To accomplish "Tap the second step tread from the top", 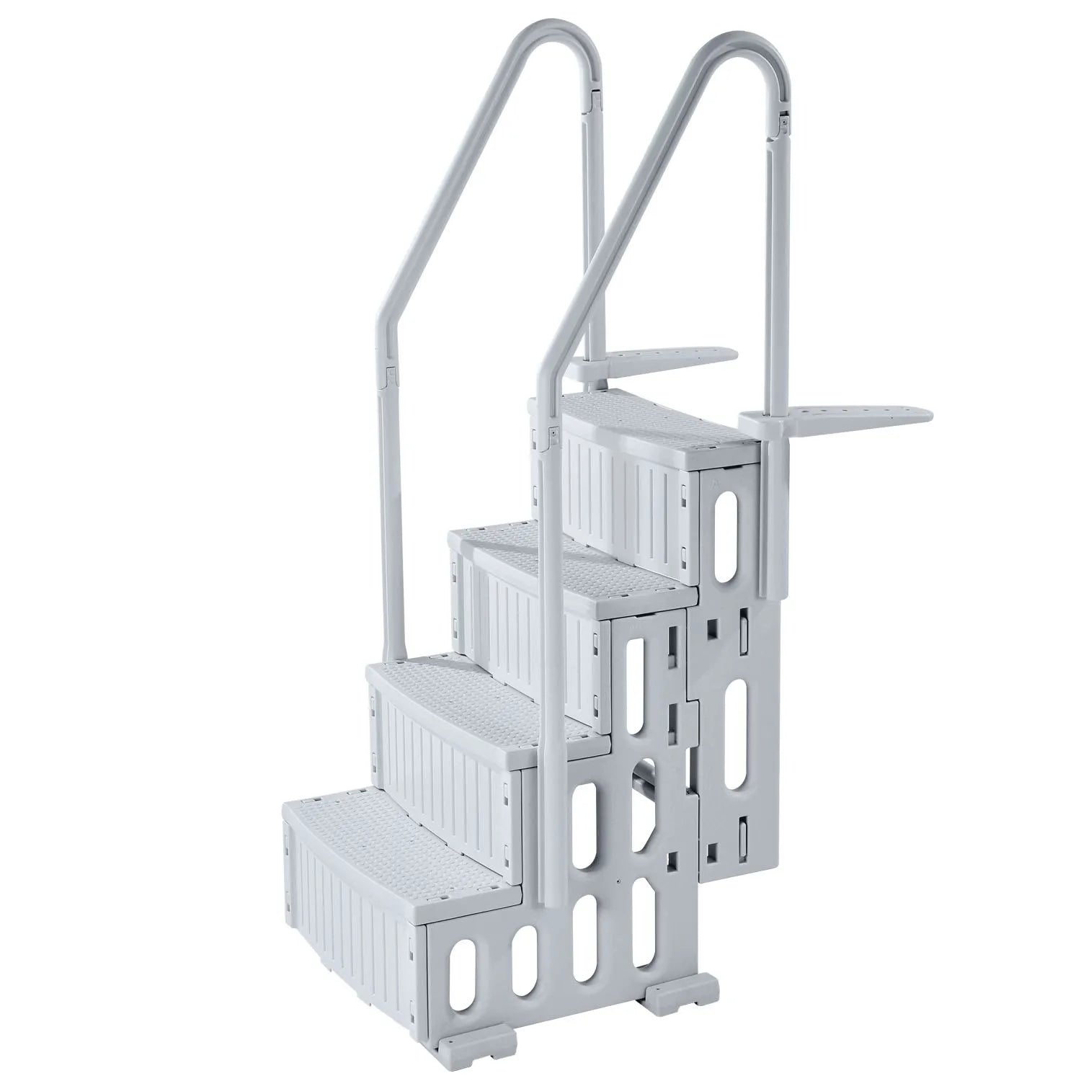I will [x=569, y=569].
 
